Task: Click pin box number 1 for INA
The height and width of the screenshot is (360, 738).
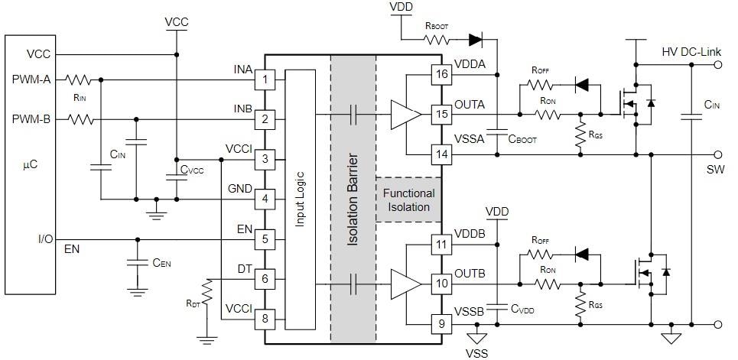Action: pos(265,79)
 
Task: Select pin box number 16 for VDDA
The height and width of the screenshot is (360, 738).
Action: pos(441,74)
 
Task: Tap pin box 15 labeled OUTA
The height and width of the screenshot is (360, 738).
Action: pos(441,115)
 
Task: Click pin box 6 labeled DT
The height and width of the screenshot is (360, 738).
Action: pos(265,279)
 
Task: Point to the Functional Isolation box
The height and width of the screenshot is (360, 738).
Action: pos(409,200)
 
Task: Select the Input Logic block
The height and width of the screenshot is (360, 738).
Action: pos(299,199)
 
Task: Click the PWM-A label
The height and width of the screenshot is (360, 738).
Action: pos(31,79)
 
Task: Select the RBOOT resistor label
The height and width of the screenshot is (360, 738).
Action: pos(437,25)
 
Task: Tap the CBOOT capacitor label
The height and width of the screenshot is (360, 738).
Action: pos(523,141)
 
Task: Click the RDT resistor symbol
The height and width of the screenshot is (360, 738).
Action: pos(206,291)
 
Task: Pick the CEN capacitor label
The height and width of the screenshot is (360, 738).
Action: pos(161,263)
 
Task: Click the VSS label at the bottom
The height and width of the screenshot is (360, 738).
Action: pos(476,352)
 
